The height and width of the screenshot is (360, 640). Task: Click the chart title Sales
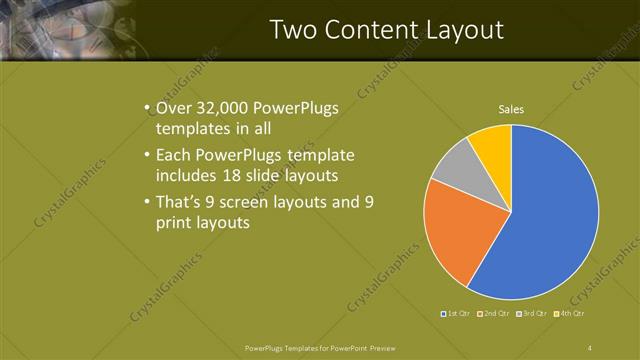tap(511, 109)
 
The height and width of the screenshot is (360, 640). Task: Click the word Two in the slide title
tap(295, 29)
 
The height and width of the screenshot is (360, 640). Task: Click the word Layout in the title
tap(466, 29)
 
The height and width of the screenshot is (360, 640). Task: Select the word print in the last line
tap(175, 223)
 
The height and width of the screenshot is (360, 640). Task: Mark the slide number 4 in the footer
tap(590, 348)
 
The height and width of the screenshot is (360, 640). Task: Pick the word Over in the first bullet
tap(173, 108)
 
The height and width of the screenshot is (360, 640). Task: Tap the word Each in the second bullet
tap(173, 156)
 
